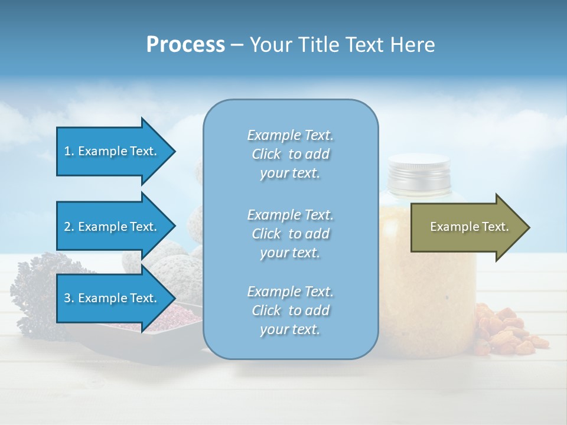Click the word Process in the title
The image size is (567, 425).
point(185,45)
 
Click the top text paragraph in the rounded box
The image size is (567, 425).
point(290,154)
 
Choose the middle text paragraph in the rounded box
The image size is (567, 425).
point(290,234)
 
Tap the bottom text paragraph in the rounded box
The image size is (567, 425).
point(290,310)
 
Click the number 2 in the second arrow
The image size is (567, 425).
point(67,227)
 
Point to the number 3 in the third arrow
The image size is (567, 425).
point(67,298)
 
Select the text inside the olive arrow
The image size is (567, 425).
point(469,227)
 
